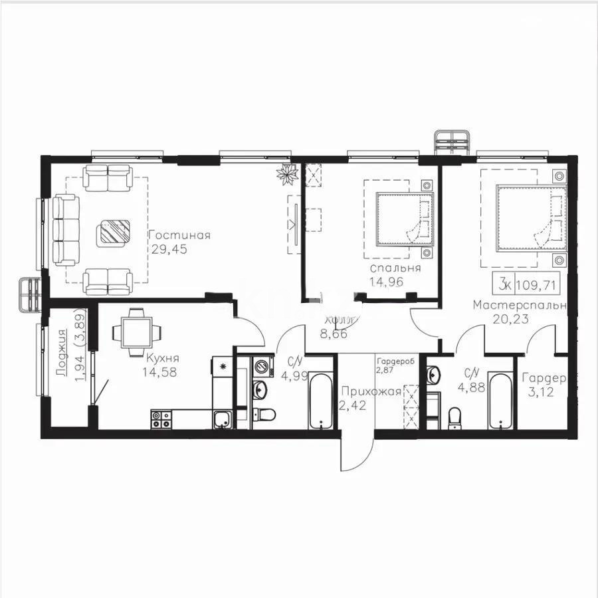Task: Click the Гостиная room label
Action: click(x=179, y=235)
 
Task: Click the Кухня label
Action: click(x=160, y=358)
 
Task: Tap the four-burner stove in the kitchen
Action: click(x=161, y=419)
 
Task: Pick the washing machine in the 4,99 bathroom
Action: click(x=262, y=368)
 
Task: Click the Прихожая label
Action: click(x=370, y=391)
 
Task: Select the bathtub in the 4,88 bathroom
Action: click(x=499, y=401)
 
